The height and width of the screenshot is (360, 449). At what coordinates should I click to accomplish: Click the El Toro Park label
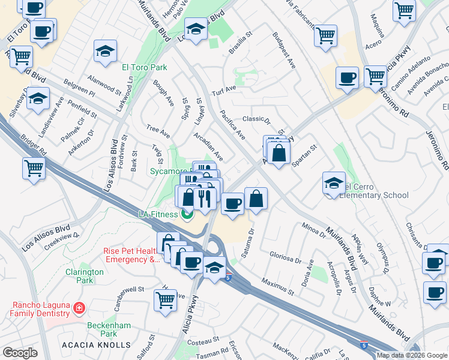click(x=143, y=67)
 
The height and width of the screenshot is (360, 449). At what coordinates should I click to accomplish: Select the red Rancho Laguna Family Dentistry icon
click(x=78, y=308)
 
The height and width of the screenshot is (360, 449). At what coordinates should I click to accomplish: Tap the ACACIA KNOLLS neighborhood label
click(x=96, y=345)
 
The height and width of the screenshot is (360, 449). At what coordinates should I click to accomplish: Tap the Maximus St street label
click(x=277, y=286)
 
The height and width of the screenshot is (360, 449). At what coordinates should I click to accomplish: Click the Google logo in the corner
click(x=20, y=353)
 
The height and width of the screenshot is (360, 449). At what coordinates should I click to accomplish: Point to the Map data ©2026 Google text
click(x=411, y=355)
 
